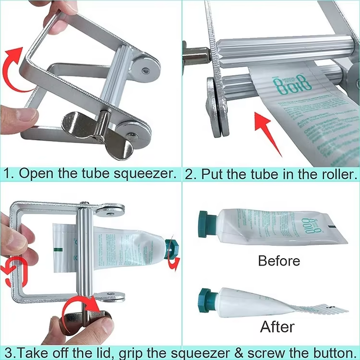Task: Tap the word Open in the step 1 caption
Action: (34, 174)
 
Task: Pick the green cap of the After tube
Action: (207, 301)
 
